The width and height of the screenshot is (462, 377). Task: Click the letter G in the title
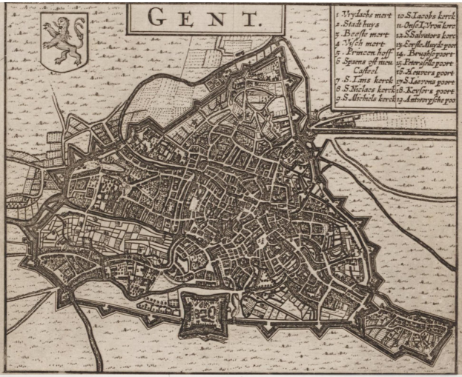pyautogui.click(x=157, y=19)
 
